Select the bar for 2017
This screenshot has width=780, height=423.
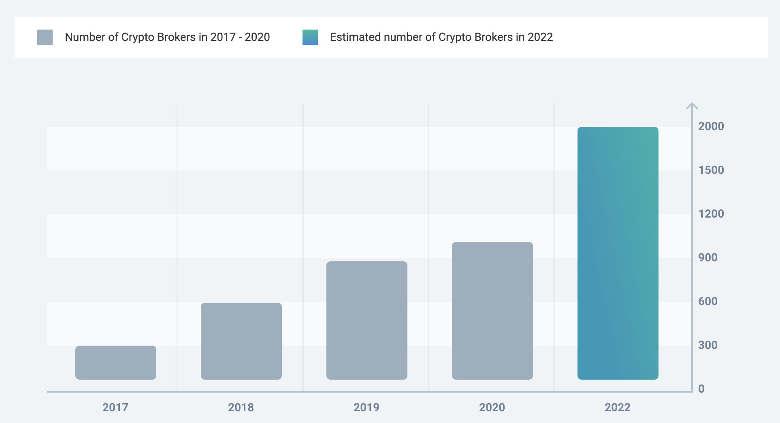(x=116, y=363)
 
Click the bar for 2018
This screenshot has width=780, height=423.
(x=241, y=341)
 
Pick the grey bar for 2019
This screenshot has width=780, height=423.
(x=367, y=320)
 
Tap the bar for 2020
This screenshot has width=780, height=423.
(x=492, y=311)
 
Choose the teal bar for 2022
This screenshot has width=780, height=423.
(x=618, y=253)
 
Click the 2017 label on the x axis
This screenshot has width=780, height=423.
(x=115, y=407)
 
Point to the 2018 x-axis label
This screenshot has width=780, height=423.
(x=241, y=407)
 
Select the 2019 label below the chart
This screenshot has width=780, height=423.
(x=367, y=407)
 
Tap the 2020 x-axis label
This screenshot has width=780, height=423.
(x=492, y=407)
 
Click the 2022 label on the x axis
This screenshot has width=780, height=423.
(x=618, y=407)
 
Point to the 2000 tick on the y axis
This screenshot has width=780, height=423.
(x=711, y=126)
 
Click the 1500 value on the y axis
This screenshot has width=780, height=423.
(x=711, y=170)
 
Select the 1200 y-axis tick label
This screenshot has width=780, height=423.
(x=711, y=214)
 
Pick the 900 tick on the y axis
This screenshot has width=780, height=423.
(x=708, y=257)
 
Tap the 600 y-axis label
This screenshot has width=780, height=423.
(x=708, y=301)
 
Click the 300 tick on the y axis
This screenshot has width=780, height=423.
(x=708, y=345)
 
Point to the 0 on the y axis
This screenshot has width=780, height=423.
(x=701, y=389)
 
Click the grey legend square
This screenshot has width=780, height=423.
(x=45, y=37)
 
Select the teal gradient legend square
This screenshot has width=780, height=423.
(x=310, y=37)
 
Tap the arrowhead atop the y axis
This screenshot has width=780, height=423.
(x=692, y=106)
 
